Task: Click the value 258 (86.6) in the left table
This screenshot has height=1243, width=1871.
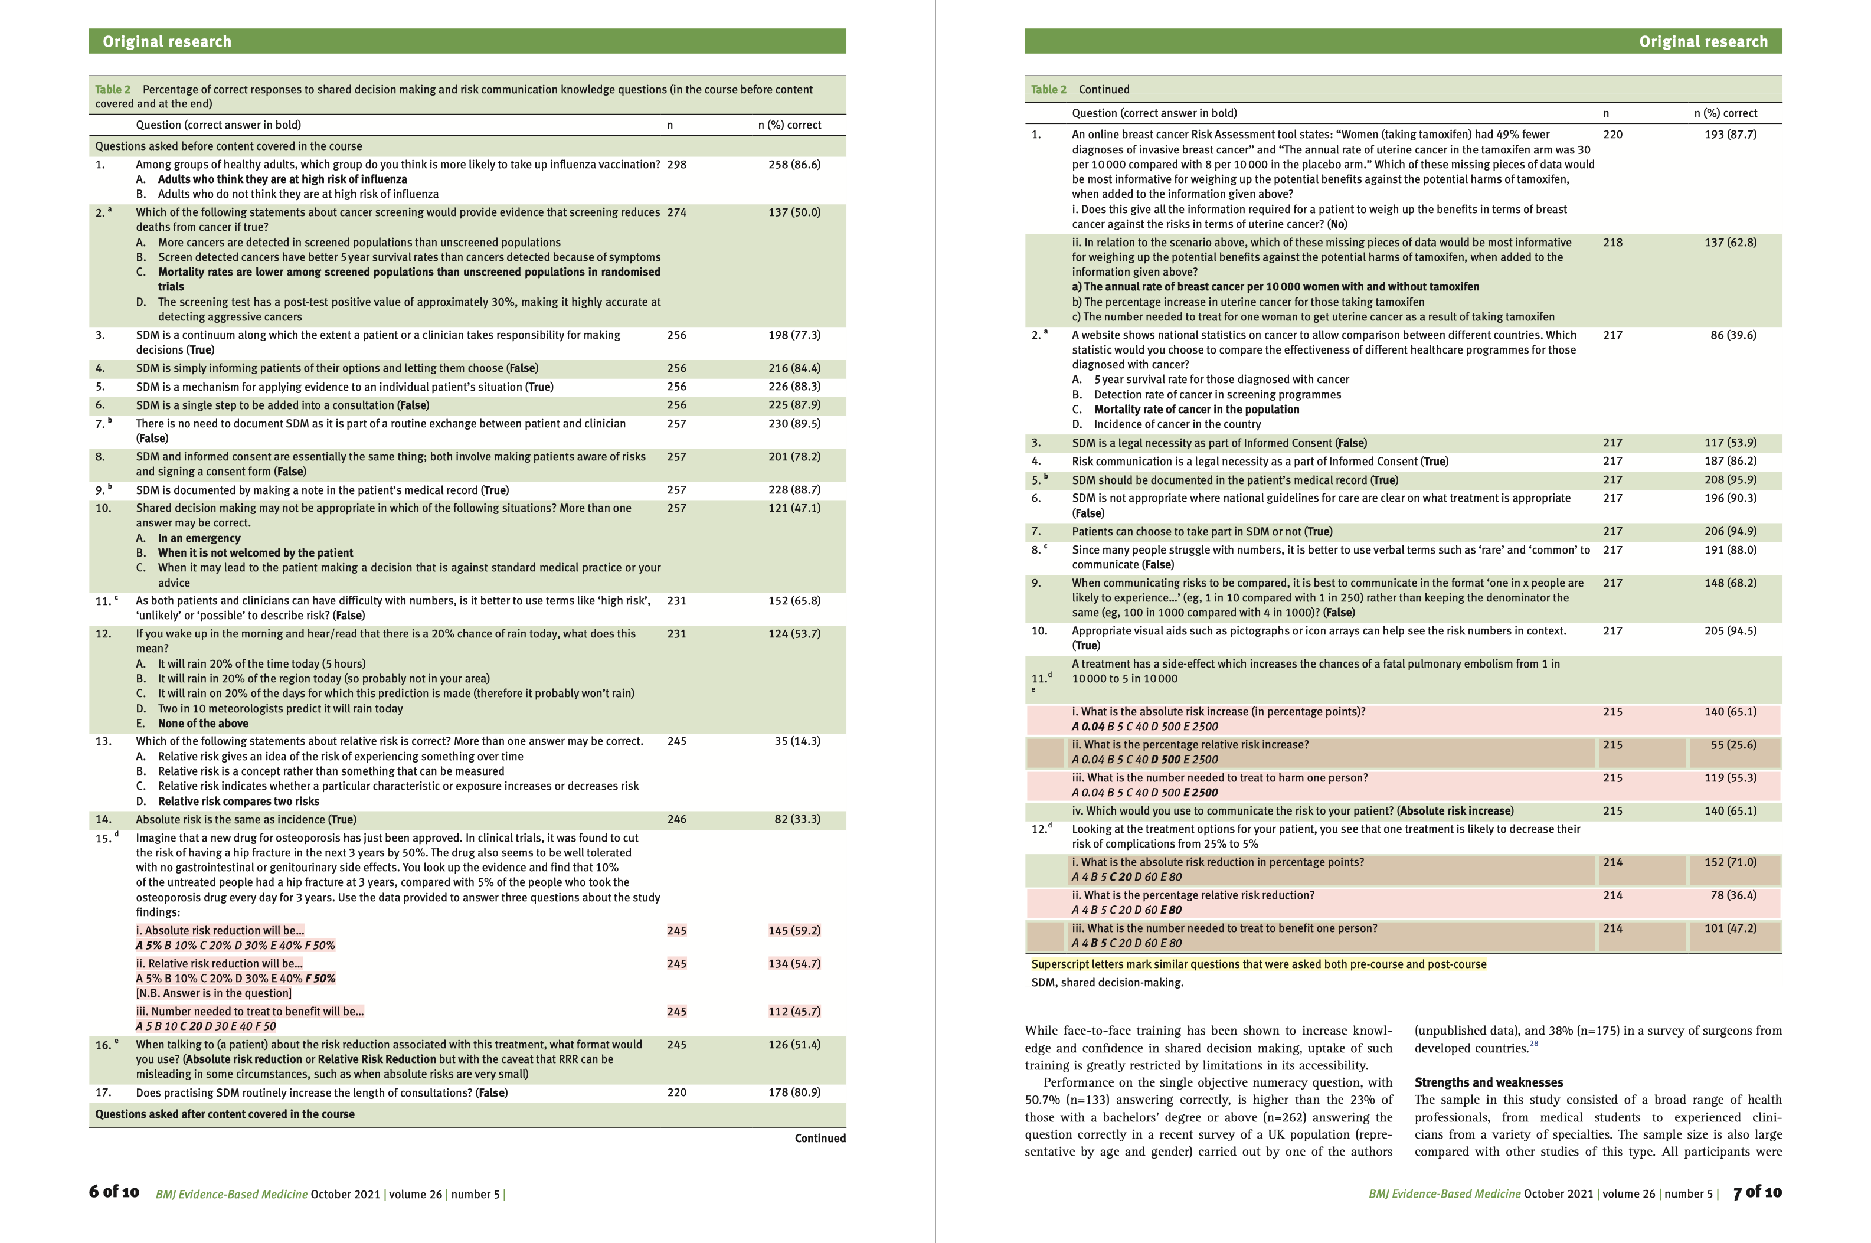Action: point(794,165)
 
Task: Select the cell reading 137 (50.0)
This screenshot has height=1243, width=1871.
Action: point(794,212)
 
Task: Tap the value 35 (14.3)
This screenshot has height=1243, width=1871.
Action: point(797,741)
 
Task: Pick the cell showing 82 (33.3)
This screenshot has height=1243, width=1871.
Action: point(797,819)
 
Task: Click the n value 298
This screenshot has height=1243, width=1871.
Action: point(676,165)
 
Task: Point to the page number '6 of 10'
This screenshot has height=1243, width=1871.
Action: point(114,1192)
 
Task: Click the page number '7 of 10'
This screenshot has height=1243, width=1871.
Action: point(1757,1192)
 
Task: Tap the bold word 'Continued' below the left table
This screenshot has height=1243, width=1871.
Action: point(820,1137)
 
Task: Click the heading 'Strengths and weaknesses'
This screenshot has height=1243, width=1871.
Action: point(1488,1082)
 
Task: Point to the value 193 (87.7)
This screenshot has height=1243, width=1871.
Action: point(1730,135)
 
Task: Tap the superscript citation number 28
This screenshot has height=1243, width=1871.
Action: point(1533,1044)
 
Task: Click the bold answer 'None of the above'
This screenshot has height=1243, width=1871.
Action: point(203,723)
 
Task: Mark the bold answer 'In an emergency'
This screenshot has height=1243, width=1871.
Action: point(199,538)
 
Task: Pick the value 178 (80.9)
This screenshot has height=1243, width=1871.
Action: point(794,1092)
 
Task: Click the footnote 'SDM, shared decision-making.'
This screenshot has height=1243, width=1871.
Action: point(1107,982)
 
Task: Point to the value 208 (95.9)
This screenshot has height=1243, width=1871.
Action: point(1730,480)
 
